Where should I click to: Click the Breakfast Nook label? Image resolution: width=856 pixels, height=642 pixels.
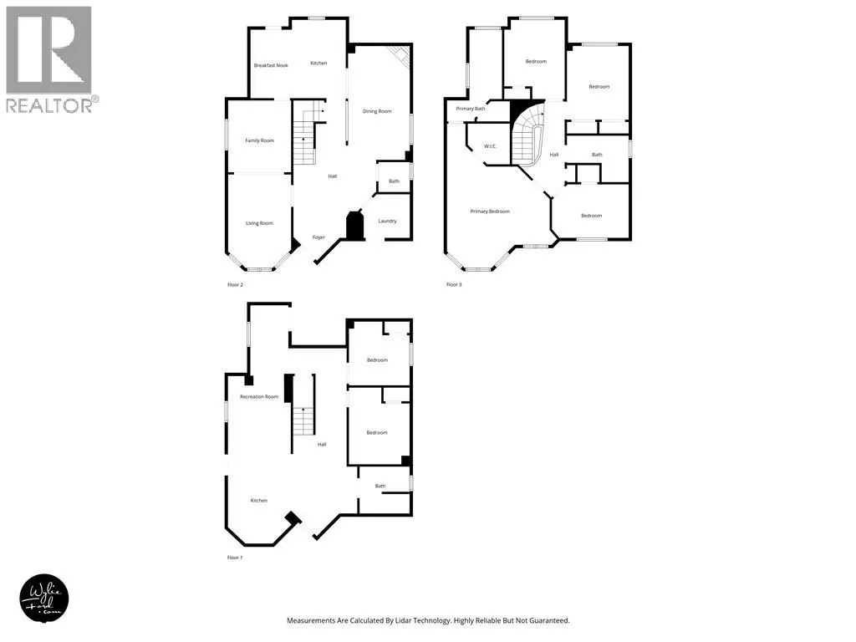271,65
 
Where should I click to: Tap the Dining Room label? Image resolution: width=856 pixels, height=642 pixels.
376,111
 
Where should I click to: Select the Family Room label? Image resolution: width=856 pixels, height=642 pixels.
259,140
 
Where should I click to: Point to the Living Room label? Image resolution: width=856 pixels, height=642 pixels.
259,223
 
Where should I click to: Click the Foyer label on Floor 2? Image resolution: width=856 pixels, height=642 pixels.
318,237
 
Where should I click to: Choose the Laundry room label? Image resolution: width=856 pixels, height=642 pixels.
387,221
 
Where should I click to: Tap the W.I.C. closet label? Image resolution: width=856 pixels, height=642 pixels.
491,147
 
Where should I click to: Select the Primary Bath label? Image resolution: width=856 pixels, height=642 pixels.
471,109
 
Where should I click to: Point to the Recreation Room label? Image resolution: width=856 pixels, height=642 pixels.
259,396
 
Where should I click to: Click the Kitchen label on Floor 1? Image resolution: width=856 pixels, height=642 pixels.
259,500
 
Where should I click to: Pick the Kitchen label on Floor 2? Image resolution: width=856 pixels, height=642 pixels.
318,64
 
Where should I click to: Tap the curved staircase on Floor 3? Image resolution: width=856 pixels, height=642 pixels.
526,138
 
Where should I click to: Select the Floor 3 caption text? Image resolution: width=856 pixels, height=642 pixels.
454,285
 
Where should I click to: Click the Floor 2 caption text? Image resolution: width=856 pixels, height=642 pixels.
235,285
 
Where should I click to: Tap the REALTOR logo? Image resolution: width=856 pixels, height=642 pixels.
49,59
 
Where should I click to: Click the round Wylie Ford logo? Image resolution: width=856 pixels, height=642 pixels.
43,598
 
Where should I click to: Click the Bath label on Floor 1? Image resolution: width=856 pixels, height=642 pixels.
380,486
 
